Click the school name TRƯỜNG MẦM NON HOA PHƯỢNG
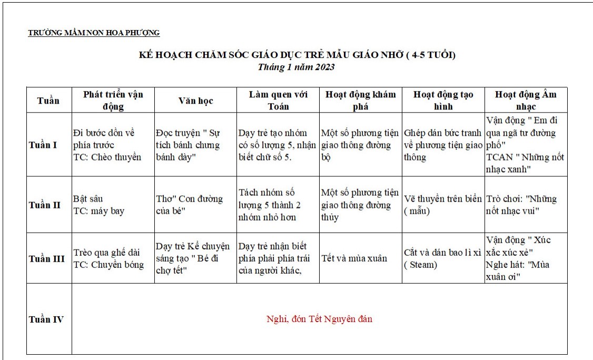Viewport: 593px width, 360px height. pyautogui.click(x=94, y=33)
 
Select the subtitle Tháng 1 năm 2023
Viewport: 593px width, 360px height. pyautogui.click(x=296, y=67)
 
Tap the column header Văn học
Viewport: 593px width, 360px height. pyautogui.click(x=195, y=101)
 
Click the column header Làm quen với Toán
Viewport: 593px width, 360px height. pyautogui.click(x=278, y=100)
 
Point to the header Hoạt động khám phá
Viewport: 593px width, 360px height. pyautogui.click(x=361, y=100)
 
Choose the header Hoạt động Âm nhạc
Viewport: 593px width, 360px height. pyautogui.click(x=526, y=100)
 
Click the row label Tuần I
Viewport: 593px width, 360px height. pyautogui.click(x=43, y=145)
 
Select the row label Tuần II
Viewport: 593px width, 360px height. pyautogui.click(x=45, y=205)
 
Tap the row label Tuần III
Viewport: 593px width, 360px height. pyautogui.click(x=47, y=259)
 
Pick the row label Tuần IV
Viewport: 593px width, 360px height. pyautogui.click(x=46, y=319)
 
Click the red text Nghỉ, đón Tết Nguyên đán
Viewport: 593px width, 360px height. pyautogui.click(x=319, y=319)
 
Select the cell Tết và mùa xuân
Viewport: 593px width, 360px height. pyautogui.click(x=354, y=258)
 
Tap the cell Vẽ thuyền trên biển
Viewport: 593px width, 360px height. pyautogui.click(x=442, y=205)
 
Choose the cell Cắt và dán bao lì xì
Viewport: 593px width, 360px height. pyautogui.click(x=442, y=258)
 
